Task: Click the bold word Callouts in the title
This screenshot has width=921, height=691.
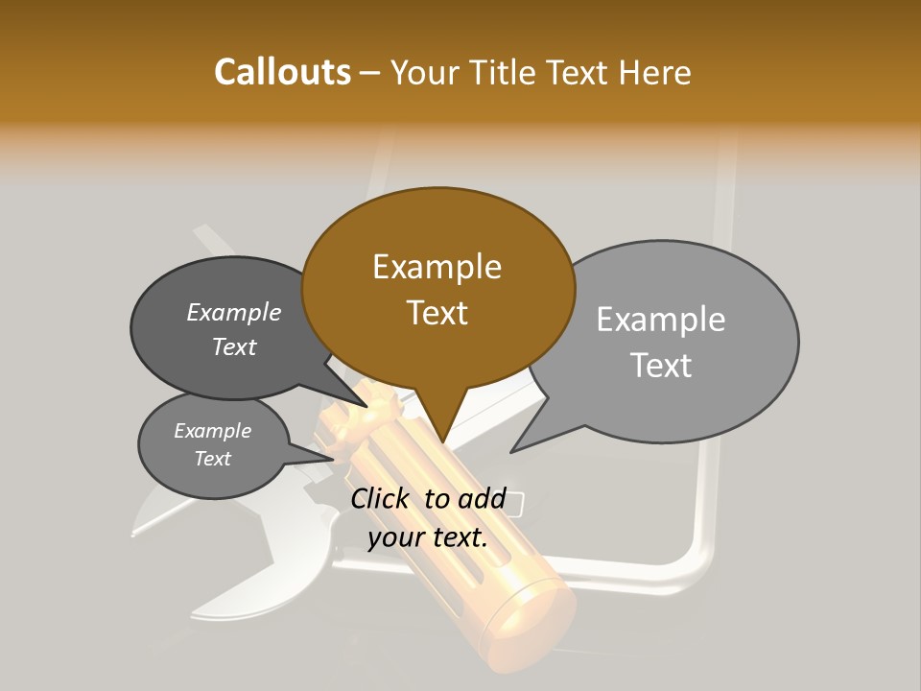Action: pyautogui.click(x=282, y=72)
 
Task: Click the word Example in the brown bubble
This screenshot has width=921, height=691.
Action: pyautogui.click(x=437, y=267)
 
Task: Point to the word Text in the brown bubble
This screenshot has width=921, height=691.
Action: pyautogui.click(x=437, y=313)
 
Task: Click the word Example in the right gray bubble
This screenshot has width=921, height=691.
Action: pyautogui.click(x=660, y=320)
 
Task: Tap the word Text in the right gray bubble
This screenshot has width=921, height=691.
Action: pyautogui.click(x=660, y=366)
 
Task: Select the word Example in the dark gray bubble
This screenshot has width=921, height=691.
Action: pyautogui.click(x=233, y=312)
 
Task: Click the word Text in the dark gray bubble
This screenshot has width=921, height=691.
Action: pyautogui.click(x=233, y=346)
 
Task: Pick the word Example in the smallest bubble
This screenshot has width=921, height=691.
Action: pyautogui.click(x=212, y=431)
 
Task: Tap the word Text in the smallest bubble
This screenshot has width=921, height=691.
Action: pyautogui.click(x=212, y=459)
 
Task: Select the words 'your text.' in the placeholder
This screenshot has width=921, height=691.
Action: pyautogui.click(x=428, y=537)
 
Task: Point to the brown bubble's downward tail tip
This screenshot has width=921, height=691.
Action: pyautogui.click(x=442, y=443)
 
